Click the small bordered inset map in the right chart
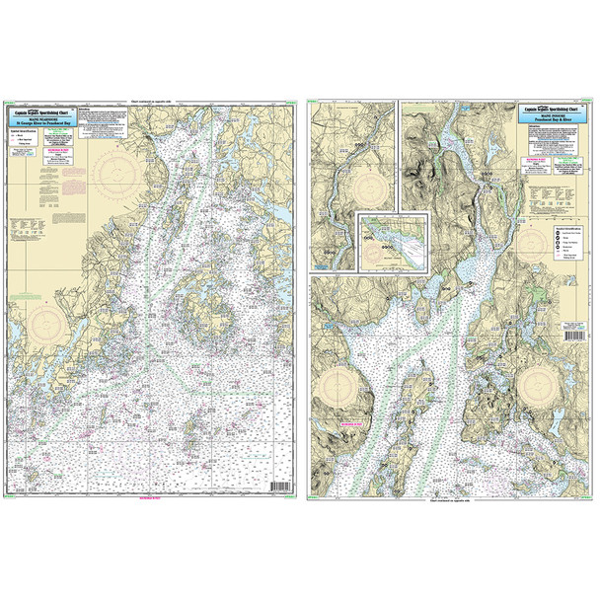point(390,240)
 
